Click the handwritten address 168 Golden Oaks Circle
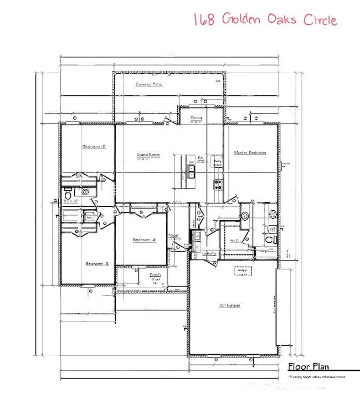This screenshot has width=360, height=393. pyautogui.click(x=265, y=19)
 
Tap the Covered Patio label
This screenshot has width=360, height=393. pyautogui.click(x=148, y=84)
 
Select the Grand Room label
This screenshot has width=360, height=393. pyautogui.click(x=148, y=155)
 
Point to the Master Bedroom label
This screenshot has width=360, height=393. pyautogui.click(x=249, y=152)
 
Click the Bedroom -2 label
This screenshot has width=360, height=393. pyautogui.click(x=94, y=146)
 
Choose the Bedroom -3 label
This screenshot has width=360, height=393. pyautogui.click(x=96, y=264)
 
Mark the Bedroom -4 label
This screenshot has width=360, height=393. pyautogui.click(x=144, y=239)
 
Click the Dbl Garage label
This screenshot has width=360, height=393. pyautogui.click(x=229, y=305)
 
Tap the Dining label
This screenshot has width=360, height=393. pyautogui.click(x=196, y=118)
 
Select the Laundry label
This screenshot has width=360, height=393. pyautogui.click(x=209, y=253)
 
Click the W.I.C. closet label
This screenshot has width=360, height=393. pyautogui.click(x=234, y=241)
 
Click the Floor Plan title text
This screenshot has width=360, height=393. pyautogui.click(x=308, y=366)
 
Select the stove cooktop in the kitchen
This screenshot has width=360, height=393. pyautogui.click(x=217, y=183)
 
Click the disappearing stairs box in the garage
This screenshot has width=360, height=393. pyautogui.click(x=243, y=271)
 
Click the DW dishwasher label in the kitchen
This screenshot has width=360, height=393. pyautogui.click(x=191, y=162)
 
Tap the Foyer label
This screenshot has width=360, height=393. pyautogui.click(x=173, y=236)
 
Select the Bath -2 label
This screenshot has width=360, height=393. pyautogui.click(x=70, y=201)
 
